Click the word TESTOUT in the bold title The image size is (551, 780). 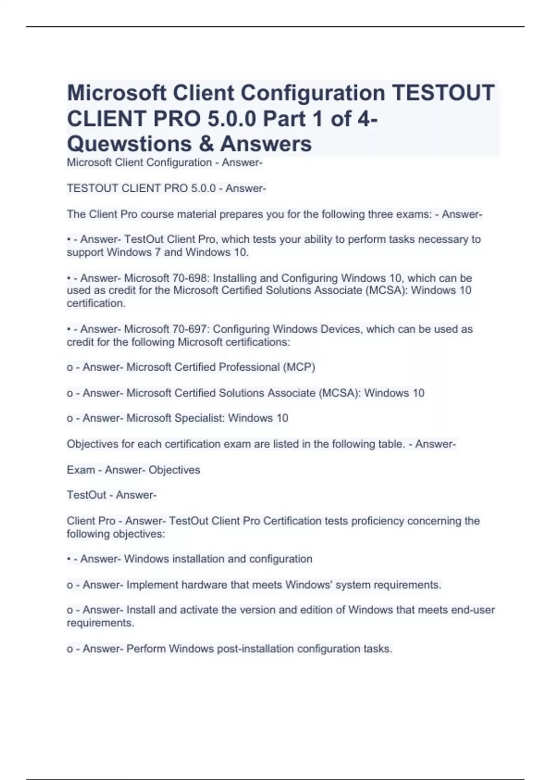click(443, 93)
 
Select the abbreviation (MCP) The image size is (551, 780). click(299, 367)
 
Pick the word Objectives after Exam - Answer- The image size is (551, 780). click(174, 470)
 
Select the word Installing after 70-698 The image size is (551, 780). click(233, 278)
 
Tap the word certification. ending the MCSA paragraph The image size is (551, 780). click(96, 303)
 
